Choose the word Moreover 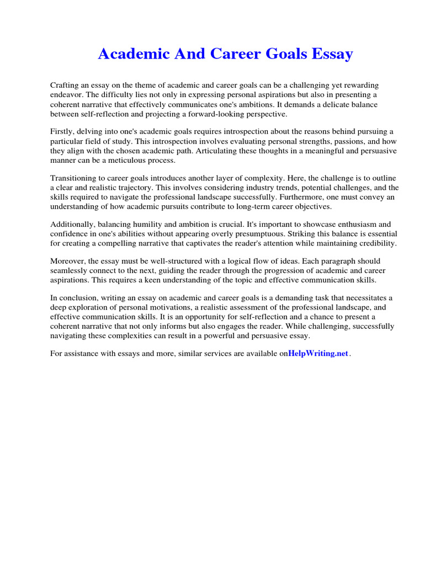point(68,260)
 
